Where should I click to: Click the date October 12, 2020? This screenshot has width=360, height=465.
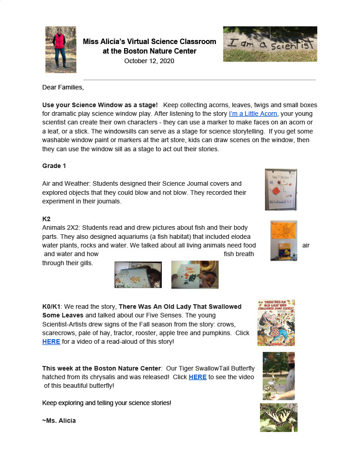149,61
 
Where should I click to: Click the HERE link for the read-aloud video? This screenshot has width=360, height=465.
51,341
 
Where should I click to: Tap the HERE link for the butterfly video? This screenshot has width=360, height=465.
197,377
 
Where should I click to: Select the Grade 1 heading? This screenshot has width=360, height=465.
54,166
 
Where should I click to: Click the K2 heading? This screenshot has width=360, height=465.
46,219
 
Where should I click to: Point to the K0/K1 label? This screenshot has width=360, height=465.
51,307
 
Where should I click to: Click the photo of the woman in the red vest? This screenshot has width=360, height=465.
60,49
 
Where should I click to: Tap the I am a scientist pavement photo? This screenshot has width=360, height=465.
270,44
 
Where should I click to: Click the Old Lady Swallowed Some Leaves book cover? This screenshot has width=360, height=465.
276,322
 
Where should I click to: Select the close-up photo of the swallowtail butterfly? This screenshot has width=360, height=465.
279,417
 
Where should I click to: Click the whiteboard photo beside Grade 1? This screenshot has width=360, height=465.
281,189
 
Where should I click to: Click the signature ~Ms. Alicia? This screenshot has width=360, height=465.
59,420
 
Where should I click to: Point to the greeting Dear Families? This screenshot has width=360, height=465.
63,87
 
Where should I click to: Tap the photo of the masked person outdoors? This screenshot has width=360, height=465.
278,376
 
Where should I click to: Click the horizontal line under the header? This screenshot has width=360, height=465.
199,80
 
